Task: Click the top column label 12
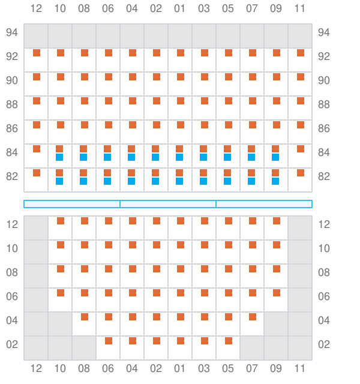36,8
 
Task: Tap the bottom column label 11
300,368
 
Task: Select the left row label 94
12,32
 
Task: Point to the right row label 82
324,176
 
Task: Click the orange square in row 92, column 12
37,53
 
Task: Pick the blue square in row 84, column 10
59,157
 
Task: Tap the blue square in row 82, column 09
275,181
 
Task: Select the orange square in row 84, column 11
301,149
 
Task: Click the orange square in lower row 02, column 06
109,341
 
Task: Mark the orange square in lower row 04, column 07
253,317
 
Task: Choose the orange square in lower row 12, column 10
61,221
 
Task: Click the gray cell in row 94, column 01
180,36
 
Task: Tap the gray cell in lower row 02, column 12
36,348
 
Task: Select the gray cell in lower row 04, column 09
276,324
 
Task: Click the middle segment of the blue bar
168,204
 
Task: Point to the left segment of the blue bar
72,204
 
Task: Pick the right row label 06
324,296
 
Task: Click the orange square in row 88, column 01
181,101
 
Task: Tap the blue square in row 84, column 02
155,157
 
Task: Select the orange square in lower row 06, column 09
277,293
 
